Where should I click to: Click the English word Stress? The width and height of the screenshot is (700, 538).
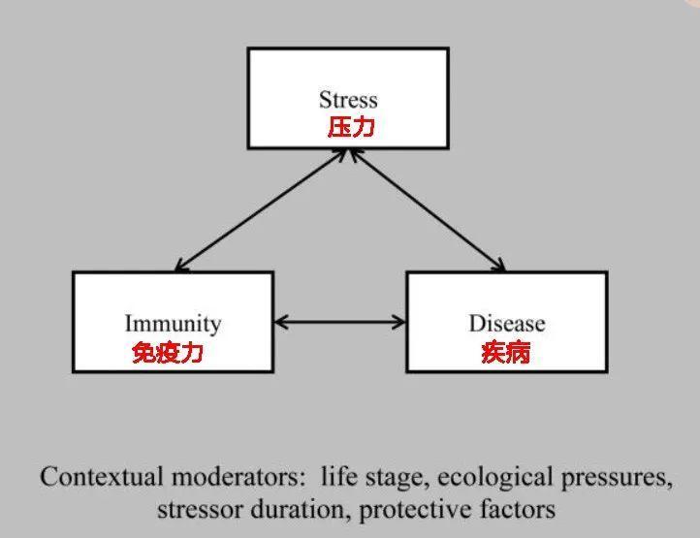click(348, 100)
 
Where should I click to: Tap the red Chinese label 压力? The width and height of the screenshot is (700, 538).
click(350, 128)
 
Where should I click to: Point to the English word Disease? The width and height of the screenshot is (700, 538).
click(507, 324)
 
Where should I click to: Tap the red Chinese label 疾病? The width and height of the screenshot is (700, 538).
click(506, 353)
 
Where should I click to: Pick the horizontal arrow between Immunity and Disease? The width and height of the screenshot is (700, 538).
click(339, 321)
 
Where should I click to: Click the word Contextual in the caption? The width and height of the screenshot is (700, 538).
click(101, 478)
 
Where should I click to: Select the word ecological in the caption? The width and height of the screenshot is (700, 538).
click(461, 478)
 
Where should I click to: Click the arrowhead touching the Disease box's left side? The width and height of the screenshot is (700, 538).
click(398, 321)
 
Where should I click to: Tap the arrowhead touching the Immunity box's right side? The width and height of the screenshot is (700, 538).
click(282, 321)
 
